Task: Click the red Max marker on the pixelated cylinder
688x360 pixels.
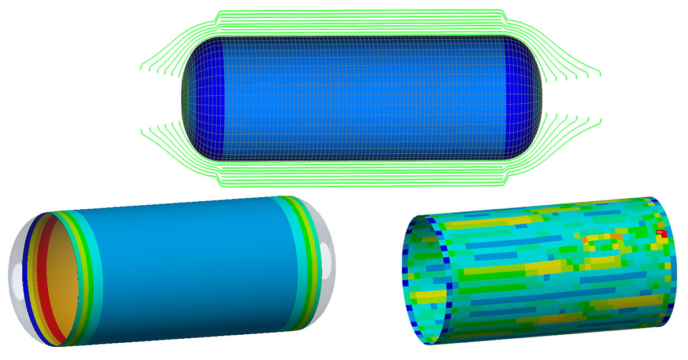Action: point(661,233)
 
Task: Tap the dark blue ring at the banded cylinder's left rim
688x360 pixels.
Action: point(29,275)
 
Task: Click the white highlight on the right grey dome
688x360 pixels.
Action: point(325,255)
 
